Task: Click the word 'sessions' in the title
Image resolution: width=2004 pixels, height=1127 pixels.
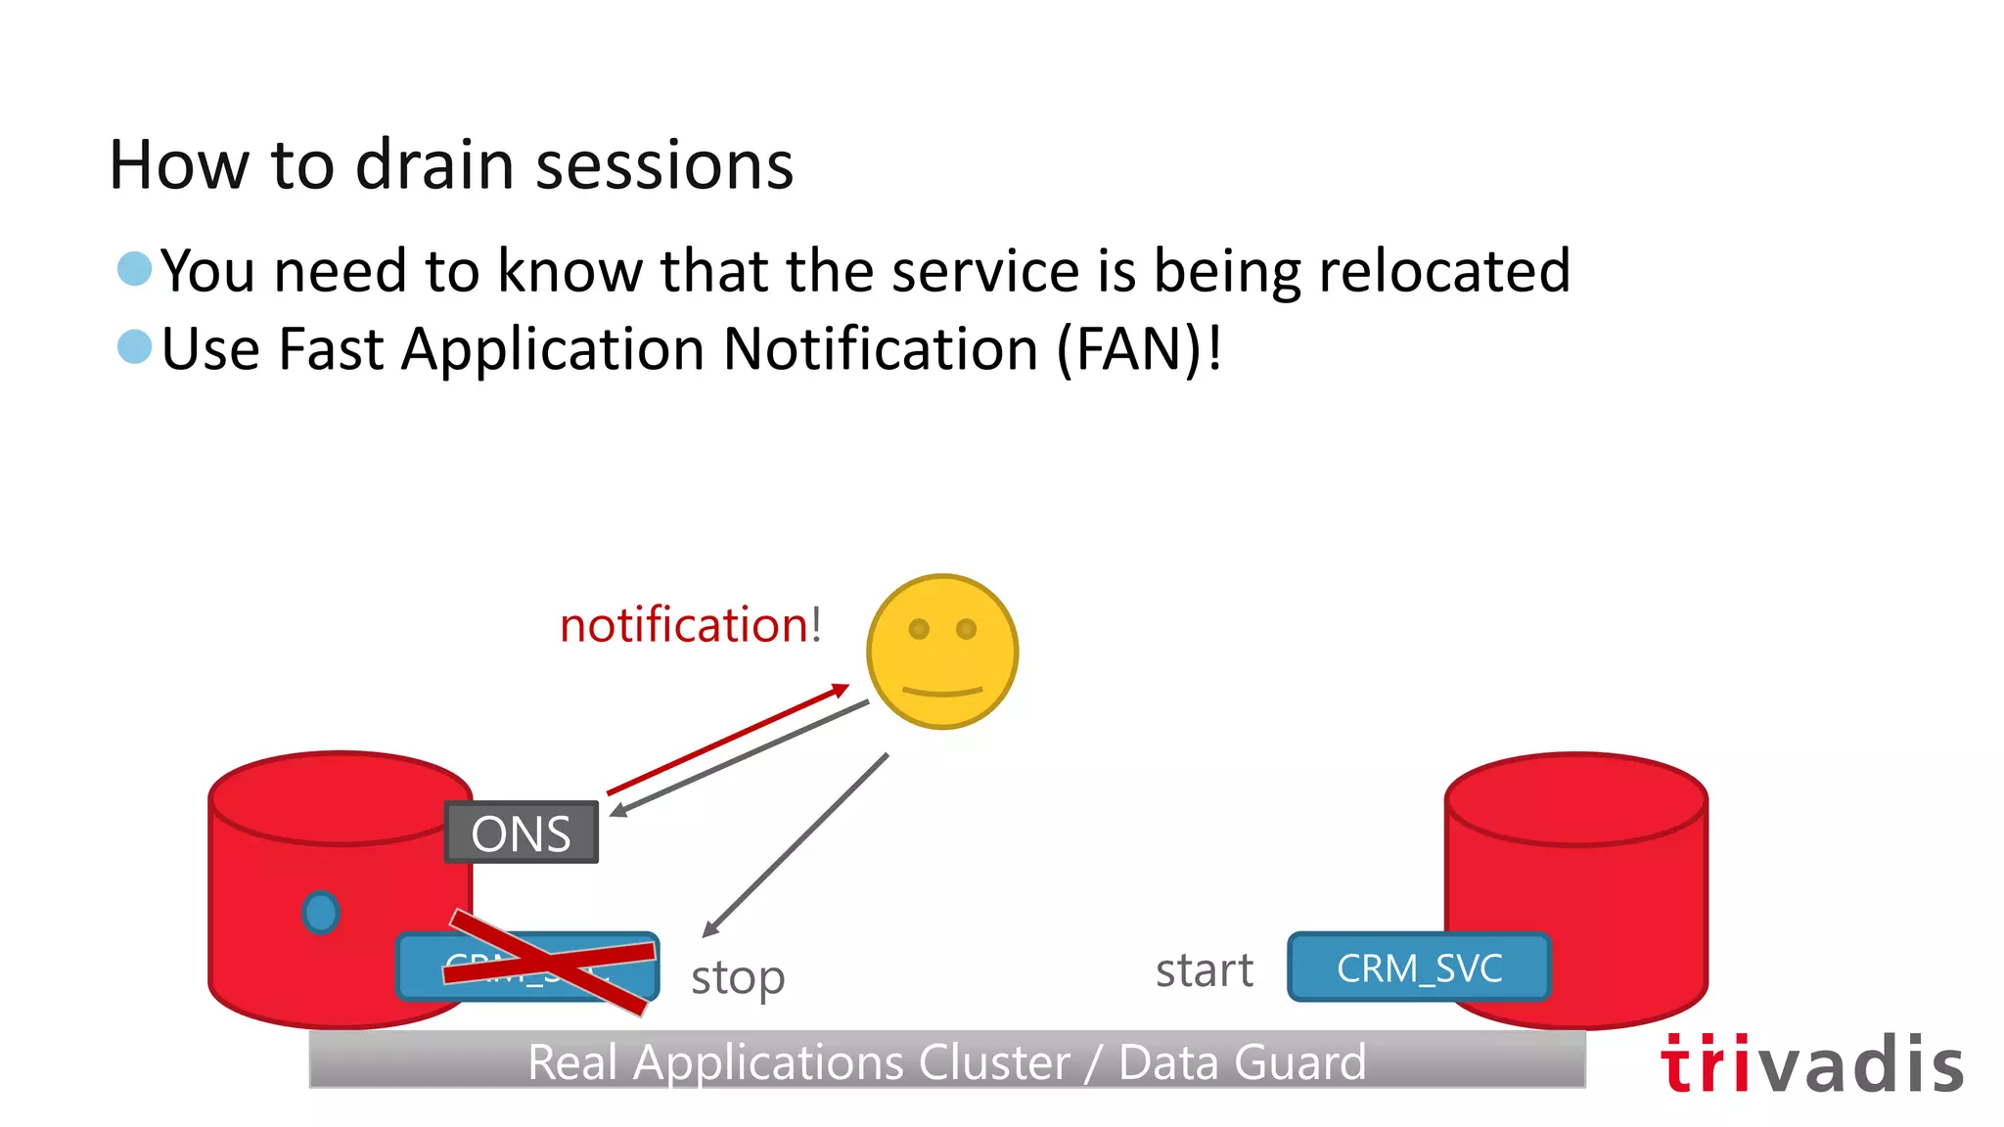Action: click(x=664, y=166)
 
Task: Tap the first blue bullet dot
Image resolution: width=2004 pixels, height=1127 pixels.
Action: click(x=134, y=268)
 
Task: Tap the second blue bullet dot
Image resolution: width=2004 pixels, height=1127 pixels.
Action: click(x=134, y=346)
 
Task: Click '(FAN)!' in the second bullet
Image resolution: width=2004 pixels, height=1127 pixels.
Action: click(x=1139, y=349)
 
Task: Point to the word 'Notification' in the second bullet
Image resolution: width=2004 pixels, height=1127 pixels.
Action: click(x=880, y=349)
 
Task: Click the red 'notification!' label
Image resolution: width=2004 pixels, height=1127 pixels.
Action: click(x=690, y=625)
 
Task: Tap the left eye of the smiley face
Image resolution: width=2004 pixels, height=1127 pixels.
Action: click(x=919, y=629)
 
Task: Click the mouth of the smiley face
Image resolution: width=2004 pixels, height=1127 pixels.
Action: click(x=941, y=692)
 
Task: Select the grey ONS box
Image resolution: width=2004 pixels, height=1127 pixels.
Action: click(x=521, y=833)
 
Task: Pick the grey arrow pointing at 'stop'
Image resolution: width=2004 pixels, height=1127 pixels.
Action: click(x=795, y=845)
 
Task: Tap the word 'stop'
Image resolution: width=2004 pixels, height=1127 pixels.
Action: click(x=738, y=977)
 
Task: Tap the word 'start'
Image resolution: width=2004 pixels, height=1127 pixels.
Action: click(x=1204, y=970)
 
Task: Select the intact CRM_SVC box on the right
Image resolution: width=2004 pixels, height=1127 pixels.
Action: click(x=1419, y=968)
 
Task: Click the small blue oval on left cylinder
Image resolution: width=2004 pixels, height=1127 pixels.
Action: click(x=321, y=913)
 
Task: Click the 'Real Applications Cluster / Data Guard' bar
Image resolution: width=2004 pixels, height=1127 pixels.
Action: click(x=946, y=1060)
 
